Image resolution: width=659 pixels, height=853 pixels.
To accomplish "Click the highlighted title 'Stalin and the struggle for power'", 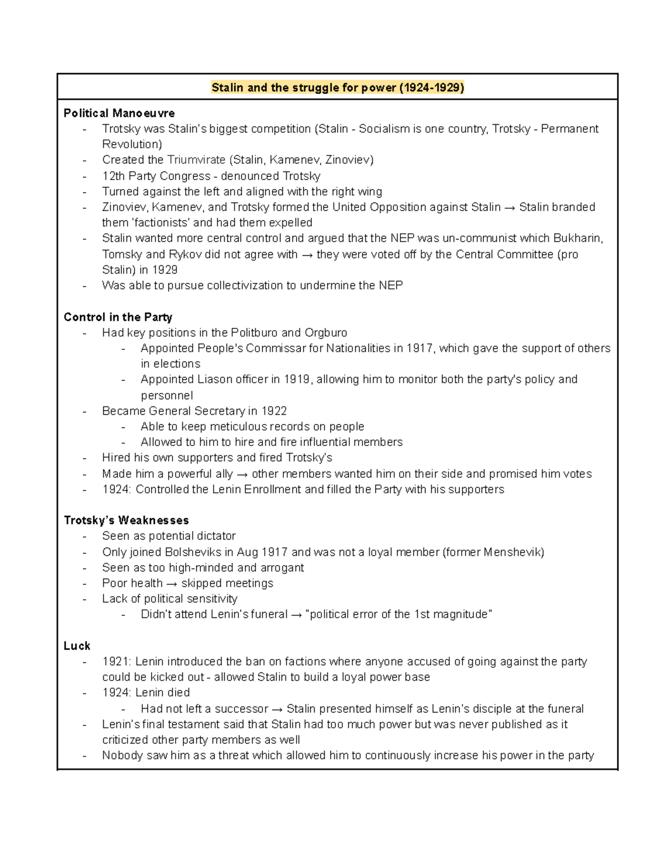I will tap(338, 87).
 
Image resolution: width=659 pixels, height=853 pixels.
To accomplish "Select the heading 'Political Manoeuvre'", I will tap(119, 113).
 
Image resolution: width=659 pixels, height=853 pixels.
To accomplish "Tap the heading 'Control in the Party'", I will tap(118, 317).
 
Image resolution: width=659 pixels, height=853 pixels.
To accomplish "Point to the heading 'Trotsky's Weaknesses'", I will tap(126, 520).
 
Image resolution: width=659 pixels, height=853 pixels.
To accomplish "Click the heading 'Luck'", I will tap(77, 646).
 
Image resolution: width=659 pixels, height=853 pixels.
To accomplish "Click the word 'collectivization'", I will tap(249, 286).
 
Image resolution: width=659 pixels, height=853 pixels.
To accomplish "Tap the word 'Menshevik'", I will tap(512, 552).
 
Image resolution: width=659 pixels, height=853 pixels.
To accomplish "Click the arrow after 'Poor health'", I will tap(172, 583).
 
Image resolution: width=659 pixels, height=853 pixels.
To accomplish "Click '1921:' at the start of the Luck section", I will tap(116, 662).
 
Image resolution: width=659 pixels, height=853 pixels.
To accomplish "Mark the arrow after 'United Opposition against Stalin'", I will tap(510, 208).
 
